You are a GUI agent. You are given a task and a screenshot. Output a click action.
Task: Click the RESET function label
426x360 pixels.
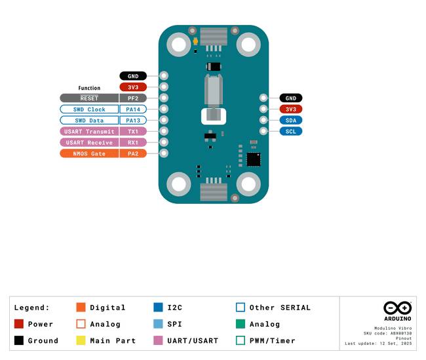coord(89,98)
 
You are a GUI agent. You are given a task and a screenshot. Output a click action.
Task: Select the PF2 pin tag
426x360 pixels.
coord(133,98)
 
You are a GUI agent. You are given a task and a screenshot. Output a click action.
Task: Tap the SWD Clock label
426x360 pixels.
coord(89,110)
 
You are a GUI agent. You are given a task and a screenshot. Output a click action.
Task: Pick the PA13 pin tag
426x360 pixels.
coord(133,121)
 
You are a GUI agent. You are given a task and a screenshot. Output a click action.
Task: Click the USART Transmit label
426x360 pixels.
coord(89,132)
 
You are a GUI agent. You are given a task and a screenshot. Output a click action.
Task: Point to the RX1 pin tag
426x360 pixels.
coord(133,142)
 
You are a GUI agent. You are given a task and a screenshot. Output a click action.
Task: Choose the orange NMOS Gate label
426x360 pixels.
coord(89,153)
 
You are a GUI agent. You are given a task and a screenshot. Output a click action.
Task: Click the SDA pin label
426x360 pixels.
coord(291,121)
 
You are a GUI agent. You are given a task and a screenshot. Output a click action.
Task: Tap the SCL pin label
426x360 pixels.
coord(291,132)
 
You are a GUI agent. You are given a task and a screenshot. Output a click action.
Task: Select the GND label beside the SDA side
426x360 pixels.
coord(291,98)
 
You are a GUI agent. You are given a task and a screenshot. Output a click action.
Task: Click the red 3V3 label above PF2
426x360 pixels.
coord(133,87)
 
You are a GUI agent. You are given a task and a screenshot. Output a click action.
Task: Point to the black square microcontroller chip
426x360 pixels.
coord(254,159)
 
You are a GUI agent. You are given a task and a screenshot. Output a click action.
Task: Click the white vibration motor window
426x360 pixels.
coord(214,116)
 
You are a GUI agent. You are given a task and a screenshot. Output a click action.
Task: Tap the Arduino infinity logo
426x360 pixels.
coord(397,308)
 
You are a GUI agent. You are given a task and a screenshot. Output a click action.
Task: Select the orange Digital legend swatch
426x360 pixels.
coord(81,308)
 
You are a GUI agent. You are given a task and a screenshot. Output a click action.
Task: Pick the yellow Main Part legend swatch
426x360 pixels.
coord(81,340)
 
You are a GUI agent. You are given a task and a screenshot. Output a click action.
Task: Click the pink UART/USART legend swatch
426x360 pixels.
coord(158,340)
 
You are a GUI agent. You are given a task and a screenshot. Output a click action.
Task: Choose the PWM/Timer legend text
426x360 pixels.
coord(272,341)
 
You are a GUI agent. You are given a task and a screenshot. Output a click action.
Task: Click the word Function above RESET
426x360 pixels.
coord(89,88)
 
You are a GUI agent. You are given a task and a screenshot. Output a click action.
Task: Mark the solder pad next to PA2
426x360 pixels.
coord(164,153)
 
